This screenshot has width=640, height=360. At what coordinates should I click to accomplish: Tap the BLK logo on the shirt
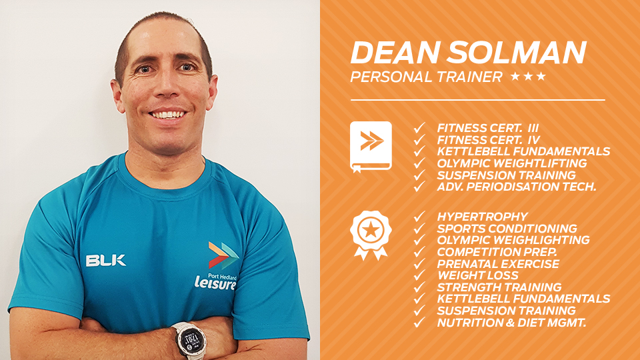[106, 261]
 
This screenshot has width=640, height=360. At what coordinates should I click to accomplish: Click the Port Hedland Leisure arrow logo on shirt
[223, 255]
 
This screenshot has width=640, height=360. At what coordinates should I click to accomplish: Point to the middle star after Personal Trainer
[528, 76]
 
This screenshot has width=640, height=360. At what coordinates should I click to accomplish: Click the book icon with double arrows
[371, 147]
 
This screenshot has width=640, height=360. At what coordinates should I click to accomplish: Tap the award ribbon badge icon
[371, 235]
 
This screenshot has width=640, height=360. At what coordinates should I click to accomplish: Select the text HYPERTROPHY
[483, 216]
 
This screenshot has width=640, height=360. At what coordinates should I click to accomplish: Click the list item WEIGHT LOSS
[477, 275]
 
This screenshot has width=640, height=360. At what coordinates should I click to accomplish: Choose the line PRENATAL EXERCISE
[498, 264]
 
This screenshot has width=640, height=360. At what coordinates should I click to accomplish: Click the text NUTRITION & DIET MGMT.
[511, 323]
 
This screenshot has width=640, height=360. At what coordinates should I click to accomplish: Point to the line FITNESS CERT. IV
[489, 140]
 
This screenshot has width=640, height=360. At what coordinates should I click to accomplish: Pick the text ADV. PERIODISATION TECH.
[517, 187]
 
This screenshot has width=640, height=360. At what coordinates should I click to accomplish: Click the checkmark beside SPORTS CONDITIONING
[419, 228]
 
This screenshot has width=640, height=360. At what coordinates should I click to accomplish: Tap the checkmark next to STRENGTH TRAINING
[419, 287]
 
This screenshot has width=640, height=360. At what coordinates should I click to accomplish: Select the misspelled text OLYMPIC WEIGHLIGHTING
[513, 239]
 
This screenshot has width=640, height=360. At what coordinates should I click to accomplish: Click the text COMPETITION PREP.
[497, 252]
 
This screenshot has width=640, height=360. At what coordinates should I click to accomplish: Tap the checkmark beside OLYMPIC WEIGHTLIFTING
[419, 163]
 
